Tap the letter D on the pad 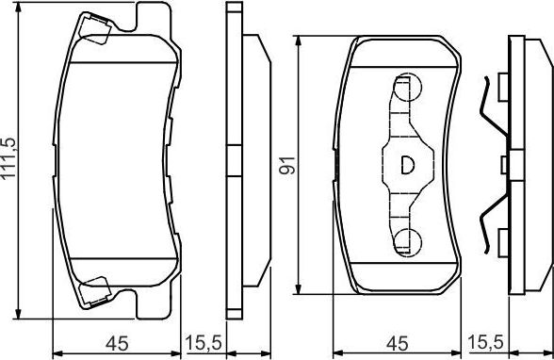click(x=406, y=164)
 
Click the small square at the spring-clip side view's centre click(x=505, y=165)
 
